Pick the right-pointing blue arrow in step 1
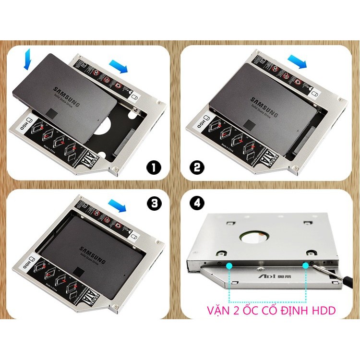119,66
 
